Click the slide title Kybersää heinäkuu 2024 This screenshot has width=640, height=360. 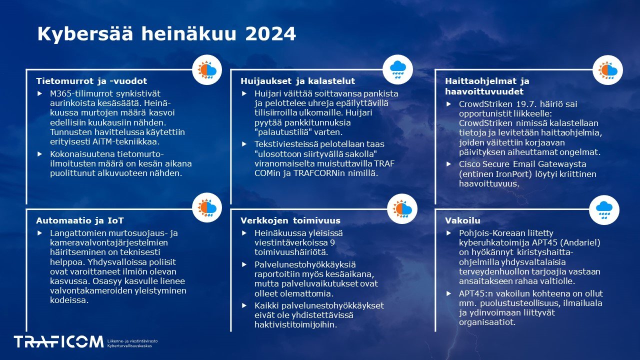pyautogui.click(x=166, y=34)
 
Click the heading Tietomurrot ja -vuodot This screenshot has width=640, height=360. pyautogui.click(x=91, y=81)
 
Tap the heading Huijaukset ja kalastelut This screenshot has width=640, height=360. pyautogui.click(x=297, y=81)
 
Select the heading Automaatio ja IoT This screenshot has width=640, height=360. pyautogui.click(x=80, y=220)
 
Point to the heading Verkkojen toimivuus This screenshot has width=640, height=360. pyautogui.click(x=290, y=220)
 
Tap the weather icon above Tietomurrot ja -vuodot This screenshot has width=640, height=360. pyautogui.click(x=207, y=70)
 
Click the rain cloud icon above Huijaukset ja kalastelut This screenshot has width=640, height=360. pyautogui.click(x=398, y=70)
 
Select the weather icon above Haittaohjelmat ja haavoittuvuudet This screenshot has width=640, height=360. pyautogui.click(x=607, y=70)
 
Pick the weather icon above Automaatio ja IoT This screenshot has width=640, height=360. pyautogui.click(x=207, y=207)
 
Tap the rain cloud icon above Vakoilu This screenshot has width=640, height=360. pyautogui.click(x=604, y=209)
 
